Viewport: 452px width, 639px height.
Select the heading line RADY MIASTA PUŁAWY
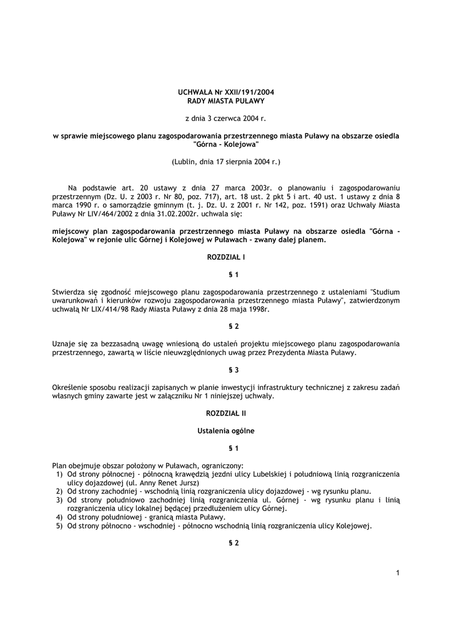[x=226, y=100]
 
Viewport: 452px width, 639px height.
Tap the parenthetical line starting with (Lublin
[x=226, y=162]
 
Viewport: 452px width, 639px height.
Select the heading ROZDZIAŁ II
[x=225, y=413]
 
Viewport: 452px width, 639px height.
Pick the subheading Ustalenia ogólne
[x=225, y=431]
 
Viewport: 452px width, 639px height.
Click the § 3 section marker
[x=225, y=369]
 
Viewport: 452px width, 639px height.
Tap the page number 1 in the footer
[x=397, y=573]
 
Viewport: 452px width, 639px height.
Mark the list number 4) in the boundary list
[x=59, y=517]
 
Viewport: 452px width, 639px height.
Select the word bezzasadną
[x=115, y=344]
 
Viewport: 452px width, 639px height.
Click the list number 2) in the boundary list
[x=59, y=491]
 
